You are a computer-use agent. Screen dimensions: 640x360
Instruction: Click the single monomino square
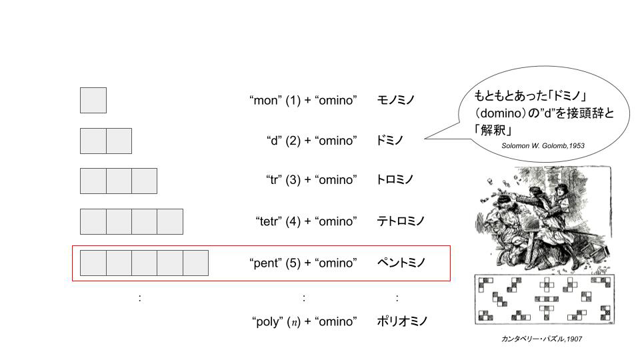93,101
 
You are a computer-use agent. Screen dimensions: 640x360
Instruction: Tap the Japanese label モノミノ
395,100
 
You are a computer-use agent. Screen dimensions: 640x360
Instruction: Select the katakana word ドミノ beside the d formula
389,141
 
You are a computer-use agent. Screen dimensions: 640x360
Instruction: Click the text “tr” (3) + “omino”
311,180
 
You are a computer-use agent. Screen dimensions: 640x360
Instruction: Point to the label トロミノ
395,179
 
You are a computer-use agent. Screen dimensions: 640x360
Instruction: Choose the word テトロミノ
401,221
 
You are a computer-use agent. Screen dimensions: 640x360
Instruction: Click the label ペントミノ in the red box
401,263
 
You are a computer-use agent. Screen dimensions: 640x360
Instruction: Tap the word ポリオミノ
401,321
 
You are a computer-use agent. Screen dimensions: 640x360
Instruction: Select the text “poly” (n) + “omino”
305,321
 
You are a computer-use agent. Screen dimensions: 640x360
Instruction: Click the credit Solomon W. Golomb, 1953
543,146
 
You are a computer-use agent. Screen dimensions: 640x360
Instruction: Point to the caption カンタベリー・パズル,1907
541,339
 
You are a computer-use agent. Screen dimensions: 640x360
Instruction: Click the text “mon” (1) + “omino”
303,101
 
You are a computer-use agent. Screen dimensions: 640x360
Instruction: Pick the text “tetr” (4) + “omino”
306,221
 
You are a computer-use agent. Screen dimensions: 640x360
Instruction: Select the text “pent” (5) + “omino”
303,263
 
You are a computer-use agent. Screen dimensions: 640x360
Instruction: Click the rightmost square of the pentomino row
195,263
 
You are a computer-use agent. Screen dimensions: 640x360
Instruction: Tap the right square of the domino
119,141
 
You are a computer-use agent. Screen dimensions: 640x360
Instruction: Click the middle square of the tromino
119,181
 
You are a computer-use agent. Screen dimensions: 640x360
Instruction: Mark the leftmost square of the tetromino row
93,221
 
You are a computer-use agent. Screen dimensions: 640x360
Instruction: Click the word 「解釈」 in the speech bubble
493,130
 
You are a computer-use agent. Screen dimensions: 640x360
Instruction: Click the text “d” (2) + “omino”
312,141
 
